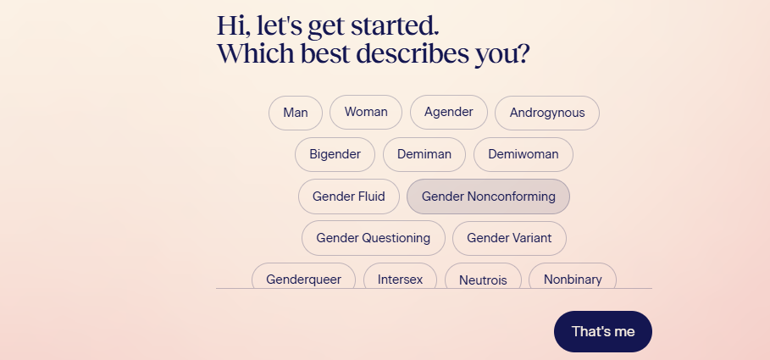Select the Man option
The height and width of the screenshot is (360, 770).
coord(296,113)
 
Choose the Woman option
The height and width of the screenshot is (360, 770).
coord(366,113)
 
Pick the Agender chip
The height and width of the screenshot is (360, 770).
coord(449,113)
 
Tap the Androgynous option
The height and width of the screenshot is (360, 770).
coord(547,113)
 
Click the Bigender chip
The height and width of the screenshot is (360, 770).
coord(335,155)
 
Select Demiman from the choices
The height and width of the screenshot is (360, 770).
coord(424,155)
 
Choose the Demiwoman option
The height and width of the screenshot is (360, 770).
coord(523,155)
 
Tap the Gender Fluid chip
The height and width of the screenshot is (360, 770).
coord(349,197)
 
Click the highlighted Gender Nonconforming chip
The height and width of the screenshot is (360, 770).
coord(488,197)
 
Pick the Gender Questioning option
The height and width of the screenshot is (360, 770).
coord(374,238)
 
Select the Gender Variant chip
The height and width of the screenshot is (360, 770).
coord(509,238)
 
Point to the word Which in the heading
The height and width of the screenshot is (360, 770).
coord(256,53)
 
